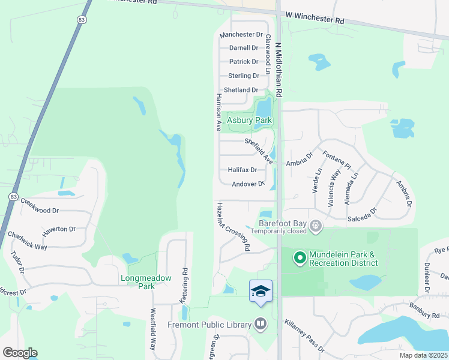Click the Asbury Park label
[x=249, y=120]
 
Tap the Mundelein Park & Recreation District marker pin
[x=299, y=259]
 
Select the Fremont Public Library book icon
[x=260, y=324]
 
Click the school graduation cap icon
[x=261, y=291]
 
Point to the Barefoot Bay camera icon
[x=316, y=226]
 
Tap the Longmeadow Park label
[x=146, y=282]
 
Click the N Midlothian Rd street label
[x=279, y=70]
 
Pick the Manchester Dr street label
[x=241, y=35]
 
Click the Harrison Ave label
[x=219, y=112]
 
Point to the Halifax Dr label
[x=243, y=170]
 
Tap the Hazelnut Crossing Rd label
[x=234, y=226]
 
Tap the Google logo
[x=20, y=352]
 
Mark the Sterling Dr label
[x=244, y=76]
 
